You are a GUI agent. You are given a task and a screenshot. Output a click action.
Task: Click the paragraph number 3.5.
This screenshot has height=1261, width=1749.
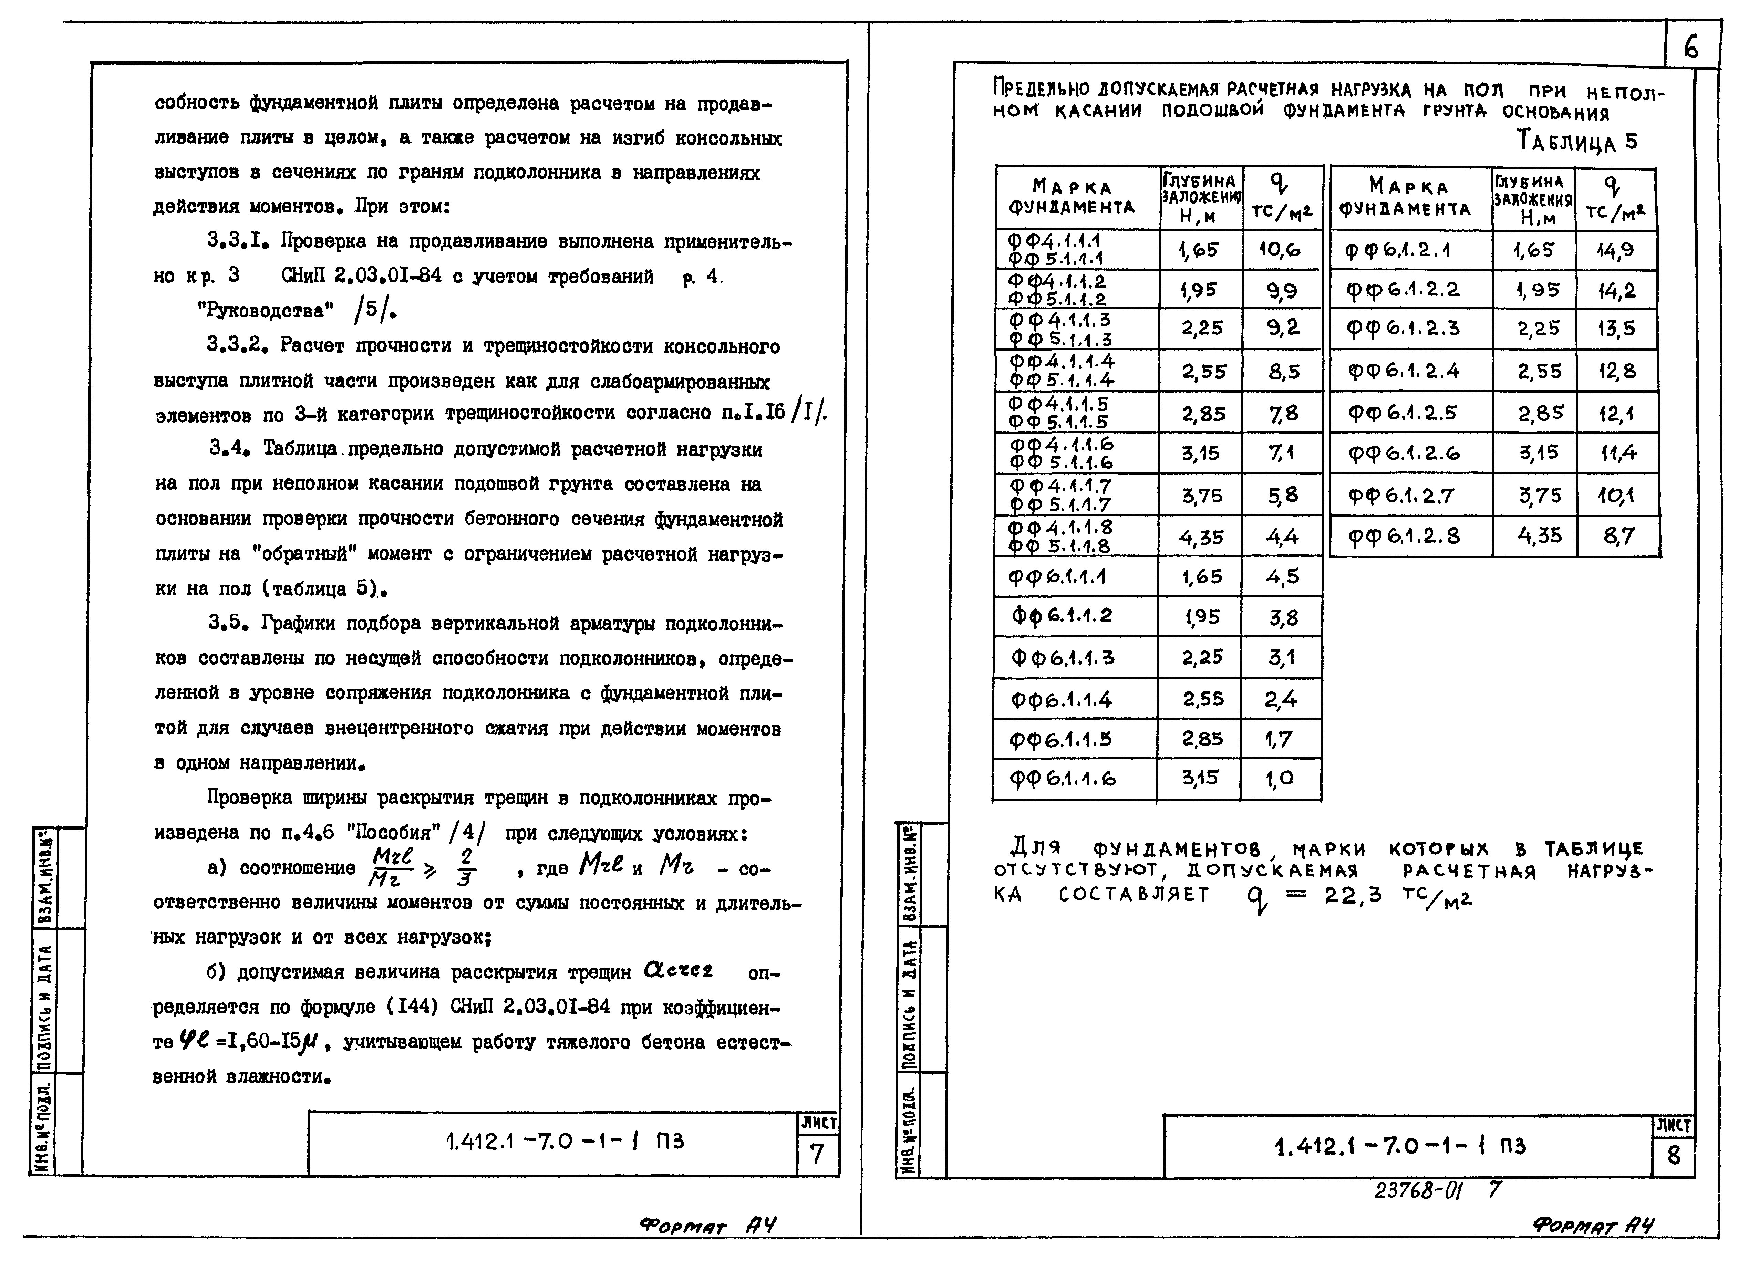click(227, 623)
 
